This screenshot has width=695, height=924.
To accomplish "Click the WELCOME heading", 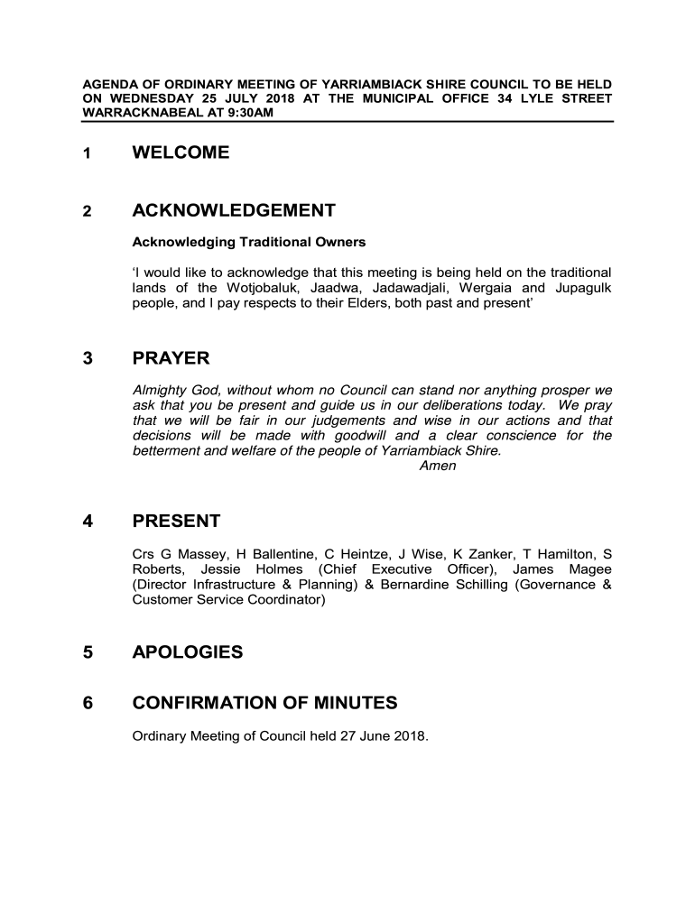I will [x=181, y=153].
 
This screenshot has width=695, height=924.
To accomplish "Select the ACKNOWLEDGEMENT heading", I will [x=234, y=211].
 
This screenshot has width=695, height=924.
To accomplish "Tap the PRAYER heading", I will [x=171, y=359].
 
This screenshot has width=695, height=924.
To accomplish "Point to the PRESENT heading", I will [x=176, y=522].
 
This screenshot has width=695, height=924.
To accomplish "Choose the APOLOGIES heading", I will [x=188, y=651].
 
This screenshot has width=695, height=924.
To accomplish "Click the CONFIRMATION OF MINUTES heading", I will [x=264, y=703].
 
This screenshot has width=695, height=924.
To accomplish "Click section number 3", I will [x=88, y=359].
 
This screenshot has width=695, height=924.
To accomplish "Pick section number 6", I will [x=88, y=703].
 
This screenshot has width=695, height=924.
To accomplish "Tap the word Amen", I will [x=439, y=466].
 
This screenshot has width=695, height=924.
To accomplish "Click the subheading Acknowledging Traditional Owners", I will [x=249, y=243].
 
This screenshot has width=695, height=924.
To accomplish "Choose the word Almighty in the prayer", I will [x=158, y=391].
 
